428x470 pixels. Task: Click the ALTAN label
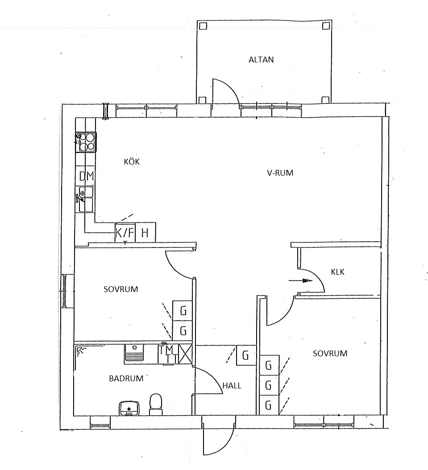coord(261,60)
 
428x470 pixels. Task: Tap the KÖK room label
coord(132,161)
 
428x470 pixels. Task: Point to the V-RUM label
coord(280,173)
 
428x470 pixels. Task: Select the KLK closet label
coord(337,272)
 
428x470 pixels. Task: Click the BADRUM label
coord(126,379)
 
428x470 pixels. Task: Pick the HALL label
coord(232,386)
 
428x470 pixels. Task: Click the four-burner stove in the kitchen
coord(86,142)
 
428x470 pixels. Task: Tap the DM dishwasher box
coord(87,176)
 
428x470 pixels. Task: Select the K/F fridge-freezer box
coord(125,233)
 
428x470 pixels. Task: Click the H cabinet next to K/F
coord(145,232)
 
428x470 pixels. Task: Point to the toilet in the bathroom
coord(156,404)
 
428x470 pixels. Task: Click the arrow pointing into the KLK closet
coord(300,281)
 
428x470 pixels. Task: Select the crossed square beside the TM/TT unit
coord(185,355)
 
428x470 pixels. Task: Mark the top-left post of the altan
coord(203,26)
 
